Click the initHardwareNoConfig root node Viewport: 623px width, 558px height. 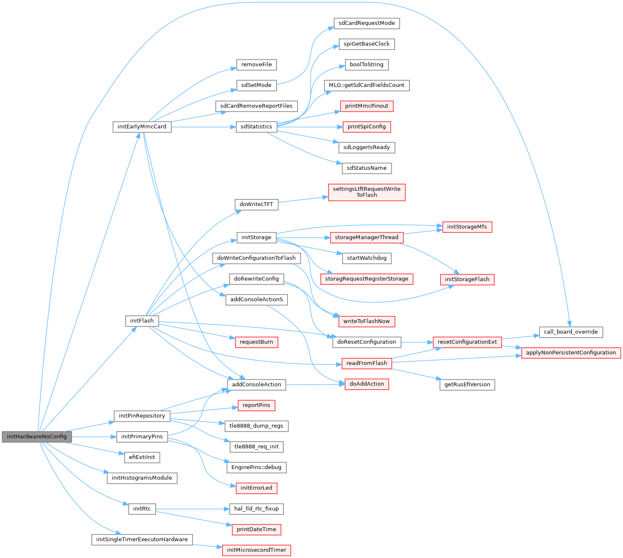[37, 436]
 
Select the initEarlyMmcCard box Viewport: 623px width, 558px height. [142, 127]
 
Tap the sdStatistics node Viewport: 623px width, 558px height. [256, 127]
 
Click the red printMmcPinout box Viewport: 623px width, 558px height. [366, 106]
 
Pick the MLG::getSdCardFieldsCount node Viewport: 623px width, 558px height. [366, 85]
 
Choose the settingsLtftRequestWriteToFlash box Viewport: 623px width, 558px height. [366, 192]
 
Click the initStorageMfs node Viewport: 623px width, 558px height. [467, 227]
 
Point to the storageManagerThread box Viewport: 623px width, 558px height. [366, 237]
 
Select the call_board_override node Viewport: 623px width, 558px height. [571, 332]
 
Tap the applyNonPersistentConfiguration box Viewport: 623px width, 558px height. [571, 352]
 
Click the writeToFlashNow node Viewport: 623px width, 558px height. [366, 321]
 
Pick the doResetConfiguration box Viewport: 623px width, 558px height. [366, 342]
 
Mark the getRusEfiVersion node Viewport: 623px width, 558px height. [467, 384]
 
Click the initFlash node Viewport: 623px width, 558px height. [142, 321]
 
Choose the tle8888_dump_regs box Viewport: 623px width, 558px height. [256, 426]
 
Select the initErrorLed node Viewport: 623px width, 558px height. [256, 488]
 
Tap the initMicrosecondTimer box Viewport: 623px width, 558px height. [256, 550]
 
